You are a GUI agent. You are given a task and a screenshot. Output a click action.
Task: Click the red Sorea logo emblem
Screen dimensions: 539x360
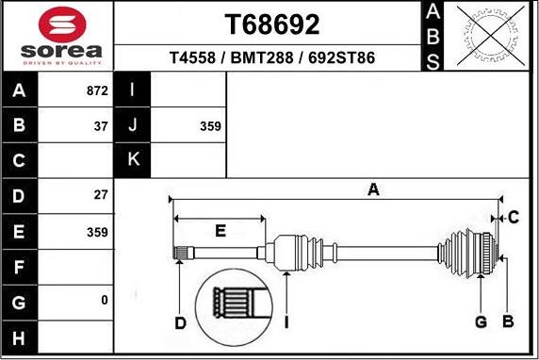click(62, 25)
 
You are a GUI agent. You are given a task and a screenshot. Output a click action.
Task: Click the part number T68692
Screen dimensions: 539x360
click(272, 25)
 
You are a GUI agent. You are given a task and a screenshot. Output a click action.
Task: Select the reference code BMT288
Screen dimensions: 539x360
click(262, 57)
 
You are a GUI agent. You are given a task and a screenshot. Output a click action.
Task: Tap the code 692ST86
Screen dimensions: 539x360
click(341, 57)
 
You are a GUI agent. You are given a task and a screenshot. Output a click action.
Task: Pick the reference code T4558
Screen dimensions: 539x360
click(192, 57)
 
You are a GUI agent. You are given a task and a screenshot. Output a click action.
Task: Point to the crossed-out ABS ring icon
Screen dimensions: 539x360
click(491, 36)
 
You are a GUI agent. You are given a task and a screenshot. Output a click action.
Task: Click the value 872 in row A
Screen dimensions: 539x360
click(97, 90)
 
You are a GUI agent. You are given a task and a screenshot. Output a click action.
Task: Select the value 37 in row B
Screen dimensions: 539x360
click(101, 126)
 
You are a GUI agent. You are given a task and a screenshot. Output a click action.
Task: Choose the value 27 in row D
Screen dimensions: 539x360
click(101, 195)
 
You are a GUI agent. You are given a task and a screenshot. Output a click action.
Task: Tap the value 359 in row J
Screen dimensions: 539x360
click(210, 126)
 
